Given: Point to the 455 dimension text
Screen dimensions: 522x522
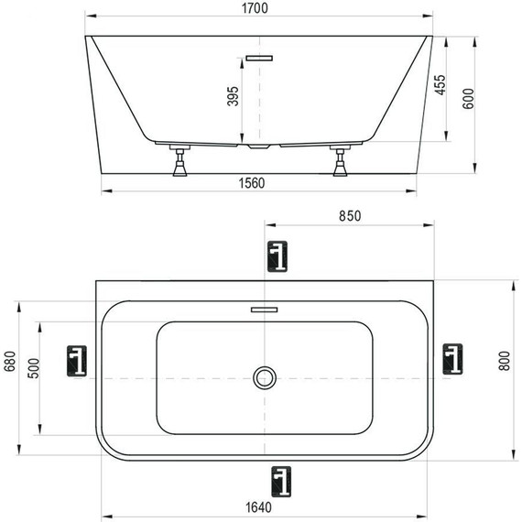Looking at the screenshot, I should pyautogui.click(x=440, y=86).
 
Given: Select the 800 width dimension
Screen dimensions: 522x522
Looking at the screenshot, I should pyautogui.click(x=502, y=362).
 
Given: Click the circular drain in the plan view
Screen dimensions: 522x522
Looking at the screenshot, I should pyautogui.click(x=265, y=376).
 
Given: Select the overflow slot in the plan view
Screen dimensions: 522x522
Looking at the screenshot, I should pyautogui.click(x=264, y=310).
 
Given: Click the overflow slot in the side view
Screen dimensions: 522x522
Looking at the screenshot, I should pyautogui.click(x=259, y=58).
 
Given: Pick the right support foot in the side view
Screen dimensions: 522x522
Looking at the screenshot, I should pyautogui.click(x=343, y=162).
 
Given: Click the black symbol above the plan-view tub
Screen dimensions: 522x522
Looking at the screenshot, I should pyautogui.click(x=277, y=256).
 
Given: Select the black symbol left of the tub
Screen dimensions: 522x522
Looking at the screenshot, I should pyautogui.click(x=79, y=361).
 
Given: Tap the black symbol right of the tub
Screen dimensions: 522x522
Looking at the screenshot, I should pyautogui.click(x=452, y=359).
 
